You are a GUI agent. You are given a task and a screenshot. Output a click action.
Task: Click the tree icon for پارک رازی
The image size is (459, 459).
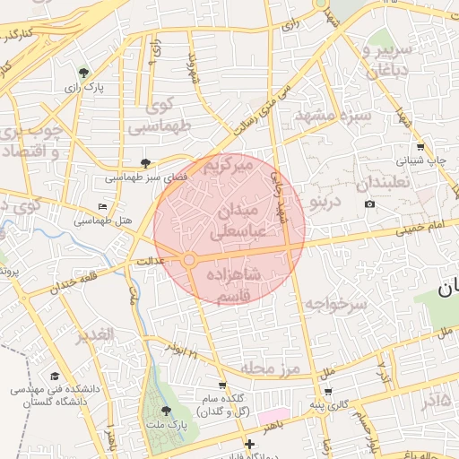click(x=83, y=73)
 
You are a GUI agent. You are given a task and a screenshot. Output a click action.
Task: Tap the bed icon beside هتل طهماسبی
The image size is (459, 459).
click(x=102, y=207)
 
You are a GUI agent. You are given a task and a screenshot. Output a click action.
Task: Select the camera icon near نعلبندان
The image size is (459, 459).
click(x=369, y=204)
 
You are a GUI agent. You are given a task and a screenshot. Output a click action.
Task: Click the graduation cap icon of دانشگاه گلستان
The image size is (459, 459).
click(x=55, y=377)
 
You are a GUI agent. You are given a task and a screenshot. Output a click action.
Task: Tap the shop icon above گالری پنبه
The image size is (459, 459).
click(x=327, y=391)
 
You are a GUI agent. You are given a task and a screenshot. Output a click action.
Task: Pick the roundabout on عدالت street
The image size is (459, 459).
click(x=190, y=260)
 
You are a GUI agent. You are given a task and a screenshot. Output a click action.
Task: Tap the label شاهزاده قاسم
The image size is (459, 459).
click(x=232, y=285)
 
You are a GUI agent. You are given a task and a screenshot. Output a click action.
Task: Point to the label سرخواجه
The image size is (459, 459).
click(x=335, y=305)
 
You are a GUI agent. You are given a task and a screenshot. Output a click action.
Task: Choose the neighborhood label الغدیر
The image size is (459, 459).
click(x=96, y=334)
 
